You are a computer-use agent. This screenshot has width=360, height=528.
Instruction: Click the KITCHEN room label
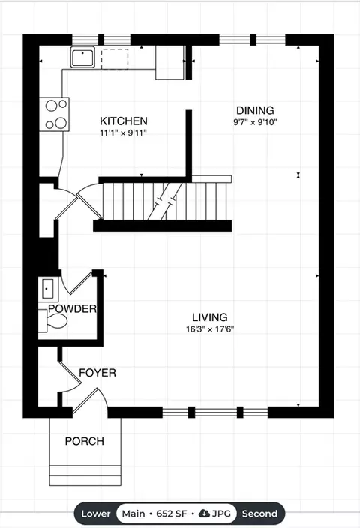[x=124, y=121]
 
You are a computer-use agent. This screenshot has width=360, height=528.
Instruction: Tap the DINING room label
[x=255, y=110]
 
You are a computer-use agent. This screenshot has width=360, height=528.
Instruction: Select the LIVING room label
[x=210, y=317]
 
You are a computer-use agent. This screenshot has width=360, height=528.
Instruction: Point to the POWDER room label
[x=72, y=308]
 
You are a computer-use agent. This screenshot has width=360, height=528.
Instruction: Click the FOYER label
[x=97, y=373]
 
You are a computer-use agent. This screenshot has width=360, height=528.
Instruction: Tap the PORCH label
[x=85, y=441]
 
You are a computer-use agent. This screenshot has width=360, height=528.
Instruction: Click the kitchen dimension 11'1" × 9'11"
[x=124, y=133]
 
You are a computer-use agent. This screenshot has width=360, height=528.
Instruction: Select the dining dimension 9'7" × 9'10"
[x=255, y=122]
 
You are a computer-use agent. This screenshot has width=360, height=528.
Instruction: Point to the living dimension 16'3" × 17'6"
[x=210, y=329]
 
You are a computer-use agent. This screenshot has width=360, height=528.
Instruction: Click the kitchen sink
[x=82, y=57]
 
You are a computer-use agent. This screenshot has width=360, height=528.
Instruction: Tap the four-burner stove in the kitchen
[x=54, y=115]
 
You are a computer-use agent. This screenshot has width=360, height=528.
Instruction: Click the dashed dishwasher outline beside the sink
[x=115, y=59]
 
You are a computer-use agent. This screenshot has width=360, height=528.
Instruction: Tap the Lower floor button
[x=96, y=514]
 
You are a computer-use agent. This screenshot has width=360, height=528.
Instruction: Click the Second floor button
[x=260, y=514]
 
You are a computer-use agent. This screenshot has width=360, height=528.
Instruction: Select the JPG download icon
[x=205, y=514]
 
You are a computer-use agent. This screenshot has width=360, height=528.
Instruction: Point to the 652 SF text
[x=172, y=514]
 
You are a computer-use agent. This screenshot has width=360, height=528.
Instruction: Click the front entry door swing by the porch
[x=90, y=400]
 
